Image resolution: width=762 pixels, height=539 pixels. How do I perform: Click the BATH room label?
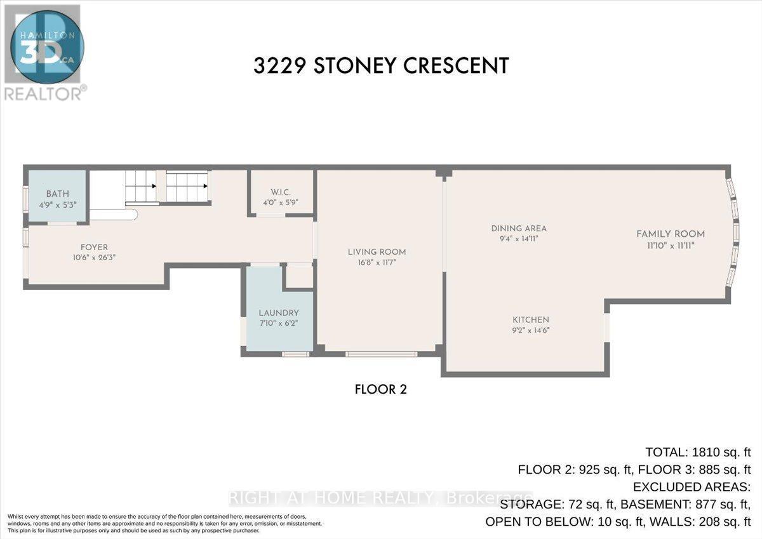coord(57,194)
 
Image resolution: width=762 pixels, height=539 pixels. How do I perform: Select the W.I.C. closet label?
coord(280,192)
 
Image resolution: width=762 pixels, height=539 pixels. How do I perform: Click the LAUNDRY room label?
coord(278,313)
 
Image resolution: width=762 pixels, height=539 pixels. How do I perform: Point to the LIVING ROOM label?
coord(377,252)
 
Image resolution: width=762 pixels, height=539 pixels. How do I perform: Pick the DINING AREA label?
coord(519,229)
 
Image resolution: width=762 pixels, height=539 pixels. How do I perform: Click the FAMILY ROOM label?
coord(671,234)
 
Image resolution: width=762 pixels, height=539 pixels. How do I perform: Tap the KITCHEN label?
coord(531,320)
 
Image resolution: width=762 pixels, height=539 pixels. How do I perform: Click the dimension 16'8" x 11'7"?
coord(377,262)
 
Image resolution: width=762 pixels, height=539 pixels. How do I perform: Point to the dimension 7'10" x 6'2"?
coord(278,323)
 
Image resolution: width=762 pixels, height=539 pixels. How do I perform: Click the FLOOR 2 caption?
coord(380,389)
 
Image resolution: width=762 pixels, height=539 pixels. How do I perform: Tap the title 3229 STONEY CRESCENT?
coord(381,66)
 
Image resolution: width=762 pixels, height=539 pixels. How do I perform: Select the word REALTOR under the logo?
coord(42,93)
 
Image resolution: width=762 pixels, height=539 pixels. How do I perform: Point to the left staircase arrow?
coord(154,187)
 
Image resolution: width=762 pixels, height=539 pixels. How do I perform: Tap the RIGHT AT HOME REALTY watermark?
coord(381,497)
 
